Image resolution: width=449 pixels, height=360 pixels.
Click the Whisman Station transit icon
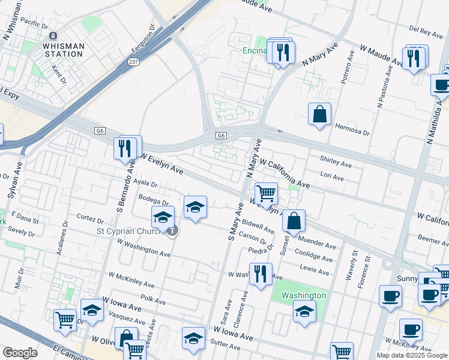pos(53,36)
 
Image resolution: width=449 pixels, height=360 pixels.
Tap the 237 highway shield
pos(134,62)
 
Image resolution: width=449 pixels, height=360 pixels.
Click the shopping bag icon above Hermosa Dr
pos(320,114)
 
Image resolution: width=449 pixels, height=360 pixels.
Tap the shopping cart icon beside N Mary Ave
pos(266,193)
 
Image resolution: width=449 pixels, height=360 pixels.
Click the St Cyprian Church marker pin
pos(172,230)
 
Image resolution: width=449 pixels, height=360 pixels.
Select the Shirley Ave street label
pos(336,163)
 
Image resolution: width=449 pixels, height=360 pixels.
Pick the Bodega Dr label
pos(154,202)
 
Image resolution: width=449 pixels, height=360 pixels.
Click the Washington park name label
pos(303,295)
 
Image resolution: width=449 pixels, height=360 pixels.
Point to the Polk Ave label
pos(152,298)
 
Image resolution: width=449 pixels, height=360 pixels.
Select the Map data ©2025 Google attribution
pos(412,355)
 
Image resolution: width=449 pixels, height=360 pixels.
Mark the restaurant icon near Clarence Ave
pos(260,274)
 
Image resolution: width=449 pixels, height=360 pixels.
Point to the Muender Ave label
pos(321,244)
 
